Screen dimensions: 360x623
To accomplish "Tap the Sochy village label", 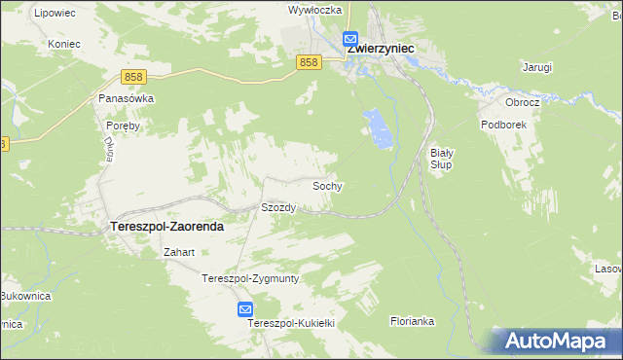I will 326,185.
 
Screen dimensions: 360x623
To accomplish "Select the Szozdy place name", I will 278,208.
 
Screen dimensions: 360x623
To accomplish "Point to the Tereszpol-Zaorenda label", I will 162,226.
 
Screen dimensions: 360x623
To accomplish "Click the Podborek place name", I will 502,126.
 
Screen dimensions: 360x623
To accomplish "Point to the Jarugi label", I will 536,67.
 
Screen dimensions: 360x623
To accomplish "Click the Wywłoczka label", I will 313,10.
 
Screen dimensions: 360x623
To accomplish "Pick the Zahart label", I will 180,253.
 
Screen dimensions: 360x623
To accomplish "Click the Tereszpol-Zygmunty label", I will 249,278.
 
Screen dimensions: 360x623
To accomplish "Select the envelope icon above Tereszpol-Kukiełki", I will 245,309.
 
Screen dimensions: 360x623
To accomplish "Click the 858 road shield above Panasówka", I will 134,76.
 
